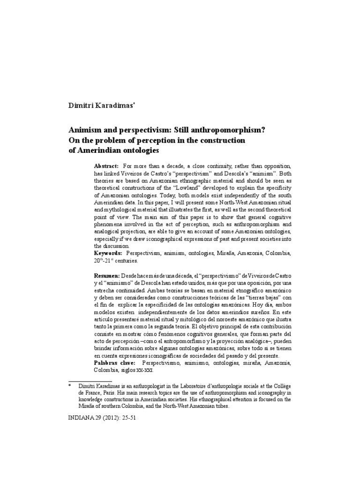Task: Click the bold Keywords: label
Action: coord(109,253)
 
